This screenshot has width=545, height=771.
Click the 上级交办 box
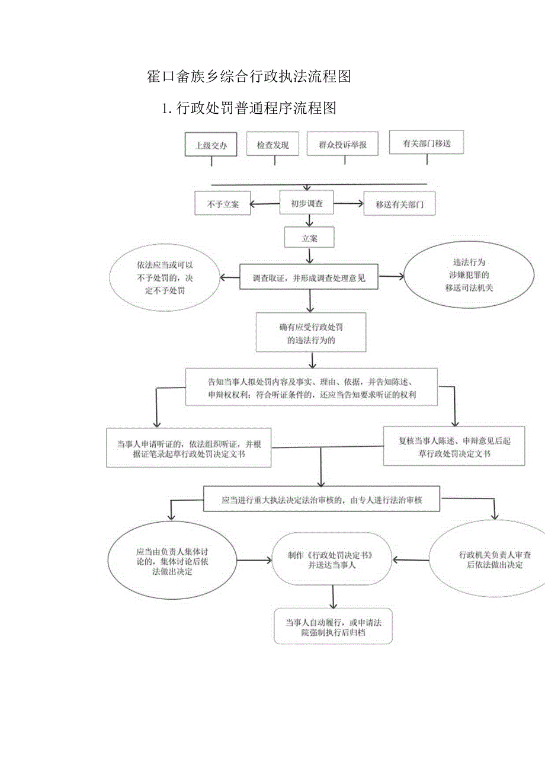[x=211, y=145]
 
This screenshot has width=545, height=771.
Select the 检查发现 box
[x=272, y=145]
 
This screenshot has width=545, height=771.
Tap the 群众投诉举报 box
[x=342, y=145]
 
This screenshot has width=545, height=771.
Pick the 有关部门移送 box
[x=425, y=143]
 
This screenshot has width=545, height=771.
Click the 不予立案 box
[x=222, y=204]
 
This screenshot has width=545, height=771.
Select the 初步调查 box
[x=306, y=203]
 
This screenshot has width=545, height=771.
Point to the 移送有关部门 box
[x=399, y=204]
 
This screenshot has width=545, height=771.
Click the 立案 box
[x=309, y=238]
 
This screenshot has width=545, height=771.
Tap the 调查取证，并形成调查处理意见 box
[x=309, y=277]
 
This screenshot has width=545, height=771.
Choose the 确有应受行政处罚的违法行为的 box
[x=311, y=333]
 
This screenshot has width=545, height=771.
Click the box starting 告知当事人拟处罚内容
[x=312, y=388]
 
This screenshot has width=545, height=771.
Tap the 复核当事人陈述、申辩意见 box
[x=454, y=446]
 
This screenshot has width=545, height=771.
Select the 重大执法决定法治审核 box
[x=322, y=500]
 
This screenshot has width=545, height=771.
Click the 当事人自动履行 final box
[x=333, y=627]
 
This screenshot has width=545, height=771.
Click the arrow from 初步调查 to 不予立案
[x=265, y=204]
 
